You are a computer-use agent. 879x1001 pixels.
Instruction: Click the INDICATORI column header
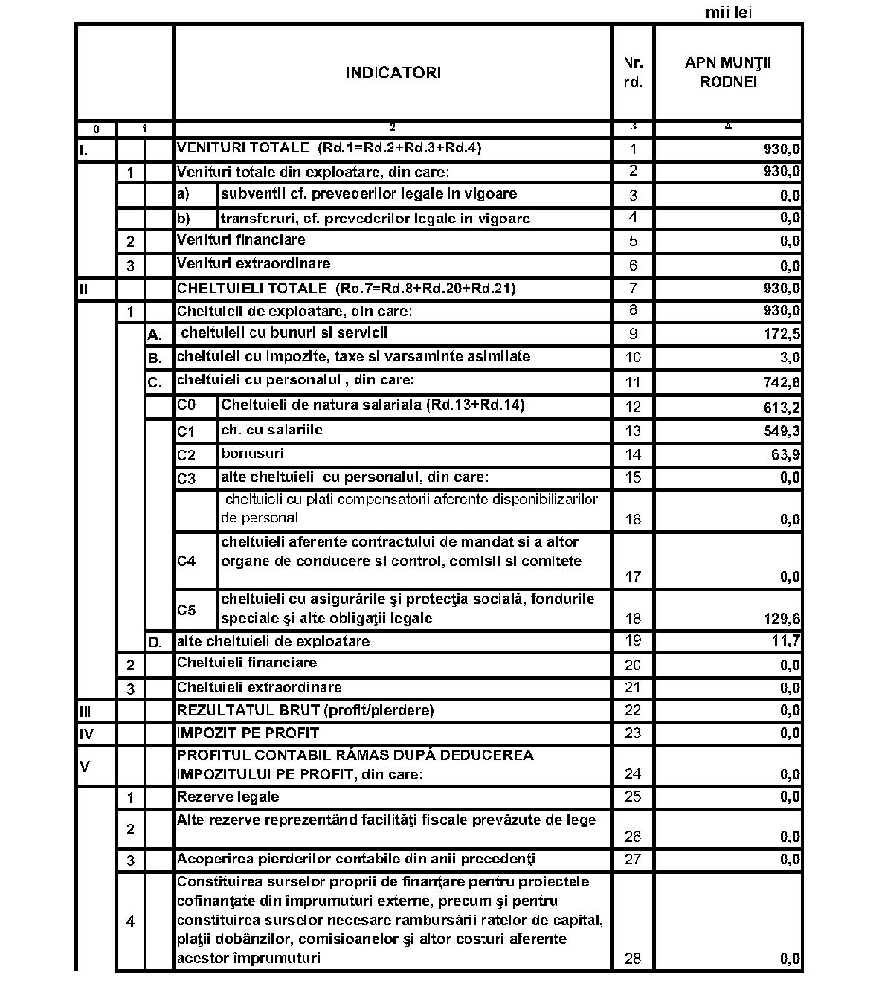tap(393, 73)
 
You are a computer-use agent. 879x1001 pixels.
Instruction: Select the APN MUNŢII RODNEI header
tap(728, 72)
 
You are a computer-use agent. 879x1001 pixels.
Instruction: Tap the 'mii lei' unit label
tap(728, 13)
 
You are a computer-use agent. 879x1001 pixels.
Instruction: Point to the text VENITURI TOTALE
tap(242, 147)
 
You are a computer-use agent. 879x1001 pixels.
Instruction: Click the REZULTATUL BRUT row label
tap(305, 710)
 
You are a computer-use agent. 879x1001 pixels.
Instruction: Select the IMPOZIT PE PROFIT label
tap(248, 733)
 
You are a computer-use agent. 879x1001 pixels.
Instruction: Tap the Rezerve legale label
tap(228, 796)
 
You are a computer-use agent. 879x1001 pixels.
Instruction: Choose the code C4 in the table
tap(186, 561)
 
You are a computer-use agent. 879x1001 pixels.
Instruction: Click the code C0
tap(186, 405)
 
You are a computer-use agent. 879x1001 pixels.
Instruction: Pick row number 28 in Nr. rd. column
tap(633, 959)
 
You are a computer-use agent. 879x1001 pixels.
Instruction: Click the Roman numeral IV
tap(86, 734)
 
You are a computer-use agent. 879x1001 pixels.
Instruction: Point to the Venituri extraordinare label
tap(253, 264)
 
